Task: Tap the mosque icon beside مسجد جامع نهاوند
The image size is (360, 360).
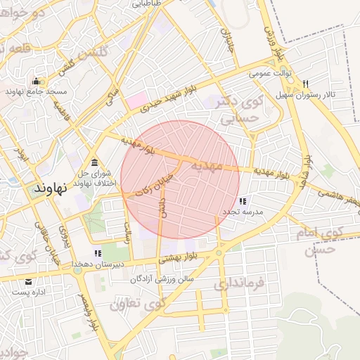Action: pos(36,81)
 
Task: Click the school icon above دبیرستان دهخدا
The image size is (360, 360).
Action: pos(98,253)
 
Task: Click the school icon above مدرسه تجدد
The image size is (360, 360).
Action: pos(243,201)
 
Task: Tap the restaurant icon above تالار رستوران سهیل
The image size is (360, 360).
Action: pos(304,84)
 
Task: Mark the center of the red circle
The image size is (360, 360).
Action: pos(181,180)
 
